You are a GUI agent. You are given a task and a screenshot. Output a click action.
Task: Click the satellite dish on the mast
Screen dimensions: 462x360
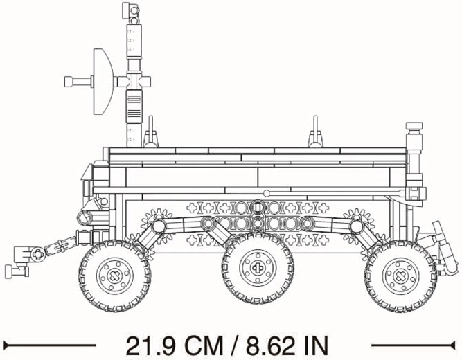click(103, 82)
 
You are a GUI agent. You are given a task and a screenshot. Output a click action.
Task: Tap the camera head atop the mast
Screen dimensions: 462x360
click(130, 10)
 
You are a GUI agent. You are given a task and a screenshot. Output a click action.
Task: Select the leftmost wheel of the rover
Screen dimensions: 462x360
click(115, 276)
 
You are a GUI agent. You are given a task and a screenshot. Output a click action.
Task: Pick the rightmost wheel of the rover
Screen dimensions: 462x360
click(400, 276)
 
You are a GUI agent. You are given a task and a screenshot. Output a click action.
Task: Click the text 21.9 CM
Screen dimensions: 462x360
click(175, 345)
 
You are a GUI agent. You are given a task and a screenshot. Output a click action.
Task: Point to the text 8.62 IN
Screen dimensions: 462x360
click(287, 345)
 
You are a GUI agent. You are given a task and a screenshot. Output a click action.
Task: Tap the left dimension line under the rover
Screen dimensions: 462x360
click(50, 345)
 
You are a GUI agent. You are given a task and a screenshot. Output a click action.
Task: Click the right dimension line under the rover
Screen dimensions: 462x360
click(414, 345)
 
